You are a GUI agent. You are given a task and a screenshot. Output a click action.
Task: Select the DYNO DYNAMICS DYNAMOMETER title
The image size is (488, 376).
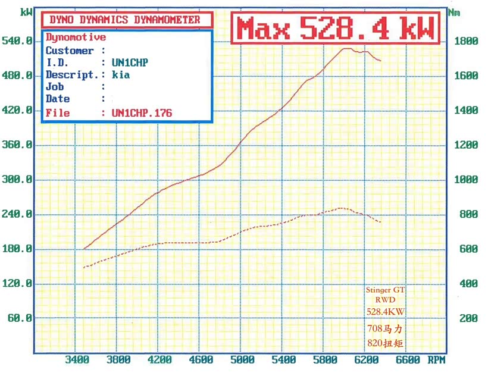[129, 20]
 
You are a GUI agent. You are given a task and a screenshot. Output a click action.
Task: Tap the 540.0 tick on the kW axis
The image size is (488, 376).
[18, 41]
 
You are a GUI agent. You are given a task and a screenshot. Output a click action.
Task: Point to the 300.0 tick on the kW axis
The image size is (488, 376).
[18, 180]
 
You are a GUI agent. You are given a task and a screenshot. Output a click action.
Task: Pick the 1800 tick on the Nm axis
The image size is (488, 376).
[466, 41]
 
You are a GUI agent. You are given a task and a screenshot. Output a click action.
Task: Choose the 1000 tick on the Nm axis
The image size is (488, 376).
[466, 180]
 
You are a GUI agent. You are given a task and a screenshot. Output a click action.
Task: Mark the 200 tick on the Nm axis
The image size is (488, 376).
[468, 318]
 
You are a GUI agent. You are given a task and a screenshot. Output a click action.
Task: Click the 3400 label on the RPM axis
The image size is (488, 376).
[77, 360]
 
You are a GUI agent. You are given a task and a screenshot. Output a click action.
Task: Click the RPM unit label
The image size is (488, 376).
[436, 360]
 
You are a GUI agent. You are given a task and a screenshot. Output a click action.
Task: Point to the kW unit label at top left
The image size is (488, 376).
[26, 11]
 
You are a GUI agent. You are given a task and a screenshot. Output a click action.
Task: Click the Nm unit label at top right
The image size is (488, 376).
[454, 11]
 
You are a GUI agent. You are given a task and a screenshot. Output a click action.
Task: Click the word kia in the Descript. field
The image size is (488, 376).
[120, 75]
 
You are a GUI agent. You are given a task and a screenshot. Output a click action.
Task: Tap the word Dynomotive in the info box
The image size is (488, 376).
[76, 37]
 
